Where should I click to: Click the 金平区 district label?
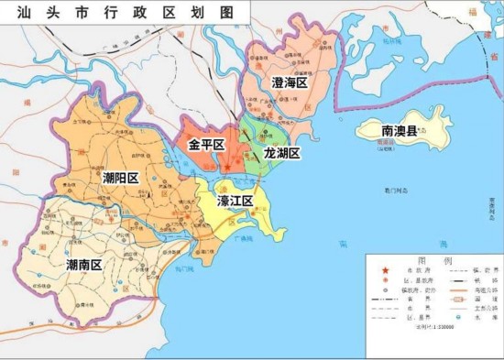point(207,145)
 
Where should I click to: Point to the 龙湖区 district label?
point(281,153)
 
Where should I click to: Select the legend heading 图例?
point(434,260)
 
